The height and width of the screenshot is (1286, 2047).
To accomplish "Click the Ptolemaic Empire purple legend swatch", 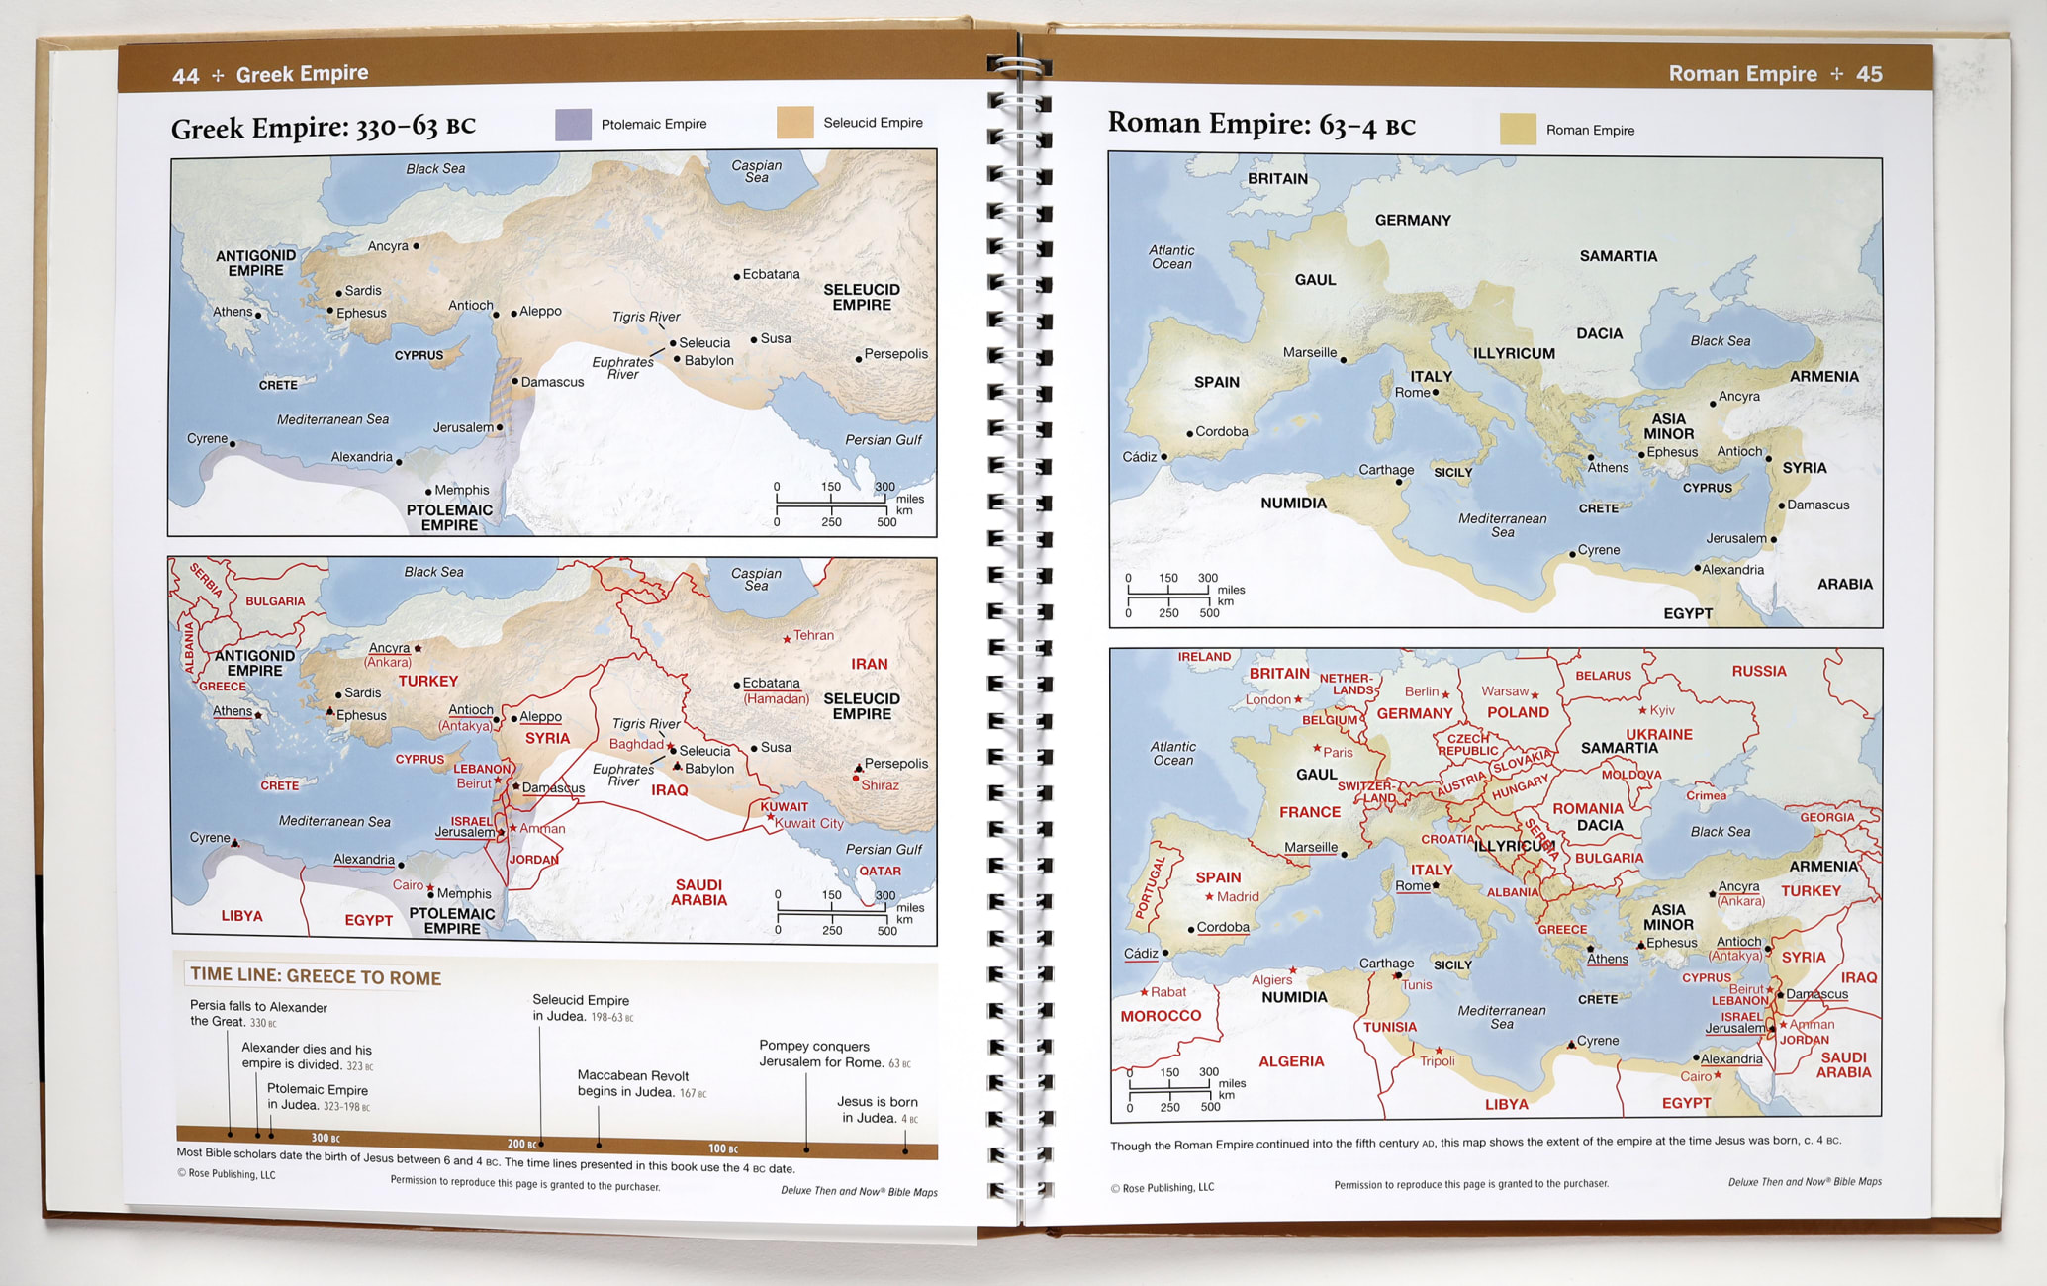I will tap(573, 124).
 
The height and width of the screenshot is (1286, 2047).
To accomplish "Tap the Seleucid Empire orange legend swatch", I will tap(794, 123).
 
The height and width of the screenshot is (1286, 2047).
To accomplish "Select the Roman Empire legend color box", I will tap(1518, 130).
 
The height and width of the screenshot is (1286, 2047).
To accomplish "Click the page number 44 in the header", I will tap(185, 76).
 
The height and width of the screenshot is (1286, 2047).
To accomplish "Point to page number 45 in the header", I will tap(1869, 74).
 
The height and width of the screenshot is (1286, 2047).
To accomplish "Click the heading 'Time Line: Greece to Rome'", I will tap(316, 976).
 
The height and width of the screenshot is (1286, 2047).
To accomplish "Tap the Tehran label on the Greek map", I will tap(813, 635).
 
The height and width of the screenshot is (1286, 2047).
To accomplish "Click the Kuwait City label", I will tap(808, 823).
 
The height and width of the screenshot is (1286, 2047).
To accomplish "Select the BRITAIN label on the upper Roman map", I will tap(1277, 179).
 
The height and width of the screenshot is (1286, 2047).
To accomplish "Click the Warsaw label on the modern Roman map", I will tap(1505, 690).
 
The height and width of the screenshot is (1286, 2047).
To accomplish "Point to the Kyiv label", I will tap(1662, 710).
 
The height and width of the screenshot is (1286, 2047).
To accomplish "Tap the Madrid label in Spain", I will tap(1238, 896).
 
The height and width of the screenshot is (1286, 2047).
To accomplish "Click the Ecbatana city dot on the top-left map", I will tap(737, 276).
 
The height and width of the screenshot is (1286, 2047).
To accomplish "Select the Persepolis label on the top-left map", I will tap(895, 354).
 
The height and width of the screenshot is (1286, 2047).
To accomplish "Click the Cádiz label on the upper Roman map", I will tap(1139, 456).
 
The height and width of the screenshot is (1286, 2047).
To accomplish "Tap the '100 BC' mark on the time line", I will tap(723, 1148).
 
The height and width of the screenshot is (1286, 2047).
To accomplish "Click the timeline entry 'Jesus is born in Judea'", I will tap(878, 1109).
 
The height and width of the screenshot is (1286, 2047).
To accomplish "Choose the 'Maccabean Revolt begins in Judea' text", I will tap(633, 1083).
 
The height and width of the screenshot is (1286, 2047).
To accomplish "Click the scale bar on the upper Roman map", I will tap(1168, 594).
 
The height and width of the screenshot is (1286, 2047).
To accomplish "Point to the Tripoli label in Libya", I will tap(1438, 1061).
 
